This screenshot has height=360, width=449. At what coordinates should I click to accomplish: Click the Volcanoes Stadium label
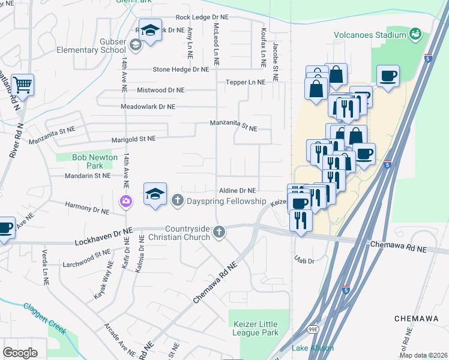pos(370,35)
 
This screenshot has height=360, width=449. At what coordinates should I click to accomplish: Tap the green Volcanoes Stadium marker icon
pos(415,35)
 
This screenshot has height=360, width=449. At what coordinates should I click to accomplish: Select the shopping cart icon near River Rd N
pos(23,86)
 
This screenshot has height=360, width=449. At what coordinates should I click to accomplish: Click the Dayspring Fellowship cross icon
pos(178,200)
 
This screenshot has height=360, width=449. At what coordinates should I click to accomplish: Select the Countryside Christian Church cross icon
pos(220,232)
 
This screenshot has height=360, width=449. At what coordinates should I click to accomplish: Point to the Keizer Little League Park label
pos(256,328)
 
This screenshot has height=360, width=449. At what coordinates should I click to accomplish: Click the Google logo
pos(20,353)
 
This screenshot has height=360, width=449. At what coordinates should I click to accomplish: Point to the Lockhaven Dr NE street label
pos(103,235)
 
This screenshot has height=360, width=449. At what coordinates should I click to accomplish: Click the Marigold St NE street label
pos(130,139)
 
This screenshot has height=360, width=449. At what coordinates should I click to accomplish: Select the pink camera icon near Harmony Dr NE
pos(126,200)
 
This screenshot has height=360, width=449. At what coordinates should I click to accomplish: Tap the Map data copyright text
pos(423,355)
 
